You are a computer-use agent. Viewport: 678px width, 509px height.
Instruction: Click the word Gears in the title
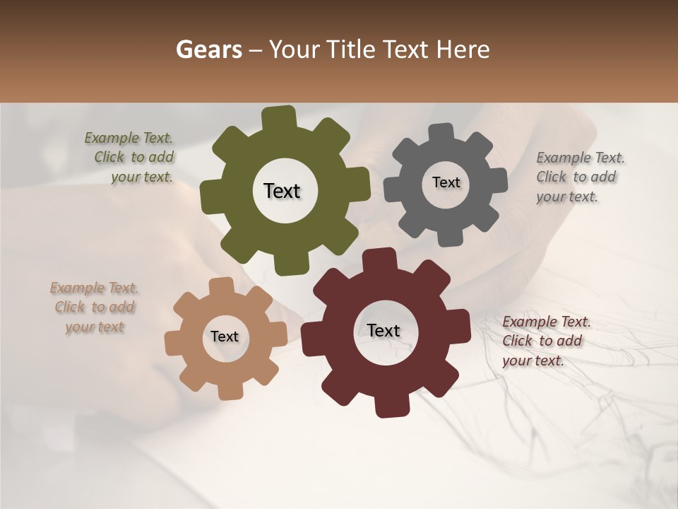pyautogui.click(x=208, y=49)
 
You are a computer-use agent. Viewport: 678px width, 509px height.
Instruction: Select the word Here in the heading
pyautogui.click(x=462, y=49)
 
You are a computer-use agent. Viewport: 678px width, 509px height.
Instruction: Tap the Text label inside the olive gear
pyautogui.click(x=282, y=191)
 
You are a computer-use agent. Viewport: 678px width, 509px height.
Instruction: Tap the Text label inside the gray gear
pyautogui.click(x=446, y=182)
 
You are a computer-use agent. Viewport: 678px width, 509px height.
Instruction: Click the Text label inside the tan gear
pyautogui.click(x=224, y=337)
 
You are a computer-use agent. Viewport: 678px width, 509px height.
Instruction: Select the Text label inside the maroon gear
pyautogui.click(x=383, y=330)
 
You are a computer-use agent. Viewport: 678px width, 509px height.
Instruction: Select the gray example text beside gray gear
pyautogui.click(x=579, y=177)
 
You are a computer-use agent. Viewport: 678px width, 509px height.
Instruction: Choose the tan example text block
pyautogui.click(x=94, y=308)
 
